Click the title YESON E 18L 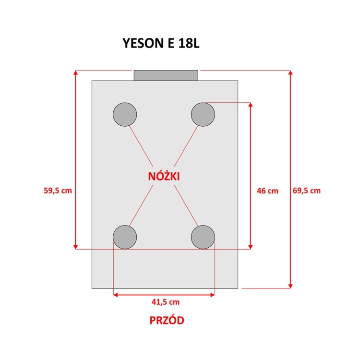(161, 43)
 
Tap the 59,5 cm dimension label (58, 191)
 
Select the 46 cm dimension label (267, 191)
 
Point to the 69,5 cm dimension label (307, 191)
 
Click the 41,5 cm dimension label (166, 302)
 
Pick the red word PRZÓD (167, 320)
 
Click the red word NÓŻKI (164, 176)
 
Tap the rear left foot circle (125, 114)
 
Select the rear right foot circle (203, 114)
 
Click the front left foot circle (125, 237)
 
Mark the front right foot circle (203, 237)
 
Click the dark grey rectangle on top (166, 75)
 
